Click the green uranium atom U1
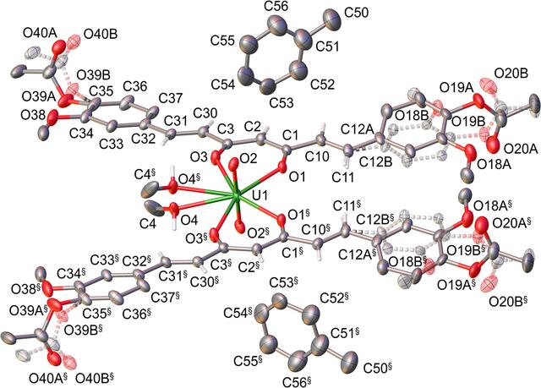237,196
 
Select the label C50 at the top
357,14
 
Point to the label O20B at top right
511,74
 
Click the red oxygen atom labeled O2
234,163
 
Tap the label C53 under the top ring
281,102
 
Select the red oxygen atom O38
52,117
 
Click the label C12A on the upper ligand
358,130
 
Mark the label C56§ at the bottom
297,381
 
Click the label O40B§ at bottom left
95,379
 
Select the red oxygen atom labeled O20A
494,145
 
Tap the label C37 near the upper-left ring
170,99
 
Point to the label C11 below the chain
343,178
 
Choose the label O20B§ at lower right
509,301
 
